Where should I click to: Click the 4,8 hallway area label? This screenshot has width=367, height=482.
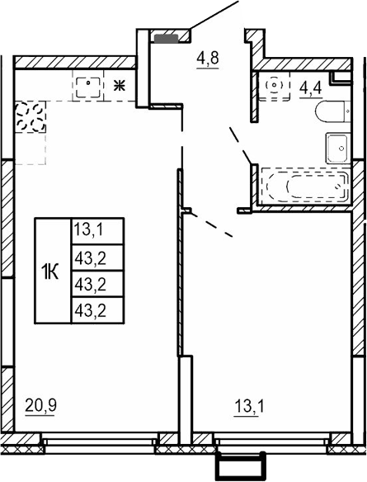pos(207,59)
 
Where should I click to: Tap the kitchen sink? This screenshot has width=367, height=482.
pos(89,86)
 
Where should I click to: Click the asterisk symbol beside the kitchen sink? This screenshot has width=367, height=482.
pos(119,84)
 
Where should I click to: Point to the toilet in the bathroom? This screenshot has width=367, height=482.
pos(334,112)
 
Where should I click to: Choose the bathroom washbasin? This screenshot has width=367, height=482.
pos(337,147)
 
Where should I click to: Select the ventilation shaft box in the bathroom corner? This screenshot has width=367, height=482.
pos(340,77)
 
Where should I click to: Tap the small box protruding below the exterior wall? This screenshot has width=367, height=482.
pos(239,465)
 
